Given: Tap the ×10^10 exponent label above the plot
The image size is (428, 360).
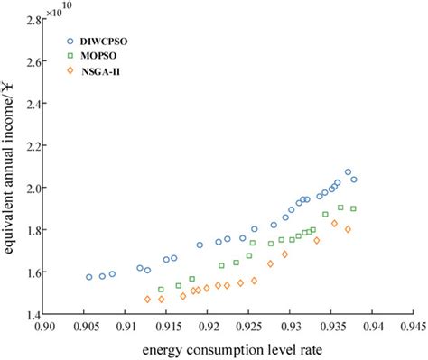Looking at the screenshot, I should [60, 11].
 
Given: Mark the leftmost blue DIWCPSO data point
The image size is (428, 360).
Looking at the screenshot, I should [88, 277].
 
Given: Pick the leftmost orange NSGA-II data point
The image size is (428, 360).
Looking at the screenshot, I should [147, 299].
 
